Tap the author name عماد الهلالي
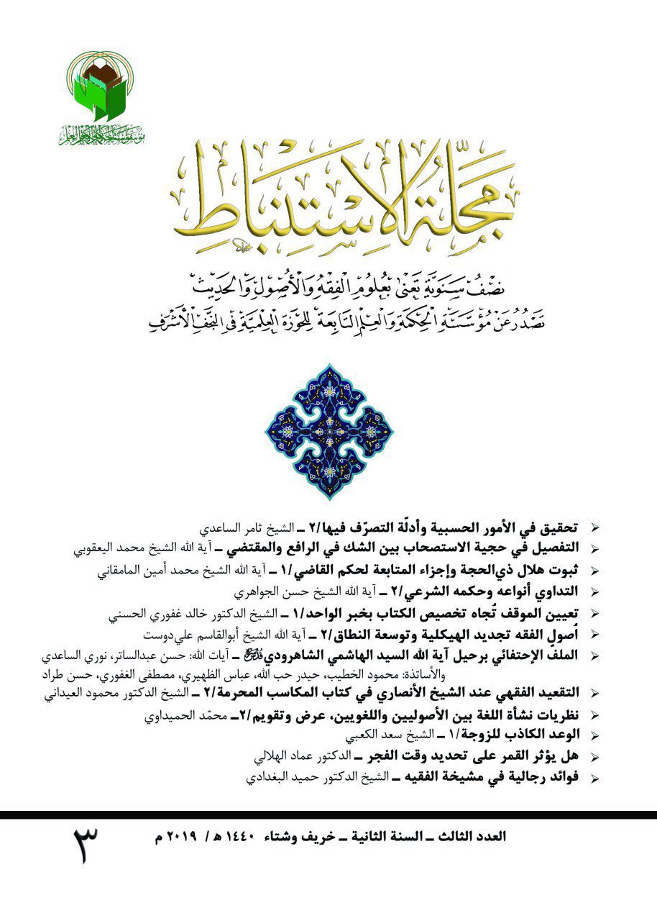tap(276, 757)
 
